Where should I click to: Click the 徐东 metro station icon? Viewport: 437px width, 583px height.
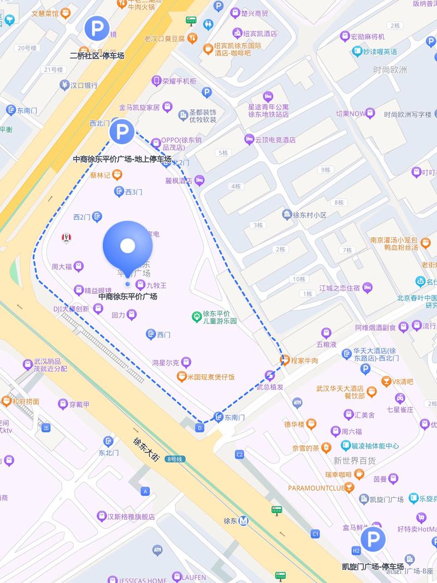tap(244, 521)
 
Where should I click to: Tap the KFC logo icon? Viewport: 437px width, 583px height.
tap(67, 237)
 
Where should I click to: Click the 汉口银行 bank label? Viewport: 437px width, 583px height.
tap(79, 85)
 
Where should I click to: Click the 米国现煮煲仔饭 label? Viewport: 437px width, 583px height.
tap(210, 377)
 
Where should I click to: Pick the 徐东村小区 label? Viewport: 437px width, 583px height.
tap(309, 215)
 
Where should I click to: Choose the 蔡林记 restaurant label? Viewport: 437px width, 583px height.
tap(101, 175)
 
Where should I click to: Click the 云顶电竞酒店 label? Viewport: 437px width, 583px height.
tap(275, 139)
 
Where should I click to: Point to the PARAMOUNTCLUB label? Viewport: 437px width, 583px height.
tap(316, 487)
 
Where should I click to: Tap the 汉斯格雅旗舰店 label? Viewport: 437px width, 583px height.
tap(131, 516)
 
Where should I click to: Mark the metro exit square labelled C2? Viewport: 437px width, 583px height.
tap(239, 454)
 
